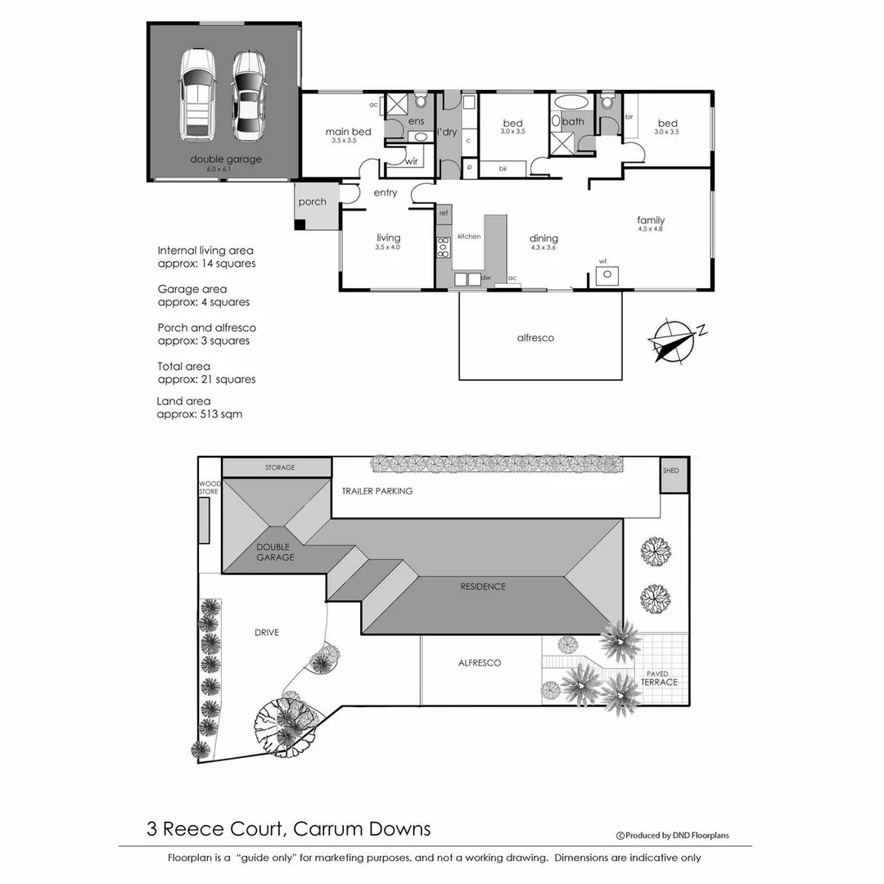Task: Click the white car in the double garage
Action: coord(196,94)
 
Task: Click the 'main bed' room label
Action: coord(348,132)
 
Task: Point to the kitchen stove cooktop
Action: coord(443,247)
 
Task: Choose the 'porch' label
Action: coord(313,201)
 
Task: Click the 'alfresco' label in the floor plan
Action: coord(535,337)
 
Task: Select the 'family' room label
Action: coord(652,220)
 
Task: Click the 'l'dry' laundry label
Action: coord(447,132)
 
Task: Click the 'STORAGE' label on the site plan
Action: coord(279,467)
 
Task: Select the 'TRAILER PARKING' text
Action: coord(377,491)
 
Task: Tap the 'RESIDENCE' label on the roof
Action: coord(482,586)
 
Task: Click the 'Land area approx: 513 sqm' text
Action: coord(200,408)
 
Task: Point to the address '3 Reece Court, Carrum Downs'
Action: coord(287,828)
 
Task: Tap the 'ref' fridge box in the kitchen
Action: coord(444,213)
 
